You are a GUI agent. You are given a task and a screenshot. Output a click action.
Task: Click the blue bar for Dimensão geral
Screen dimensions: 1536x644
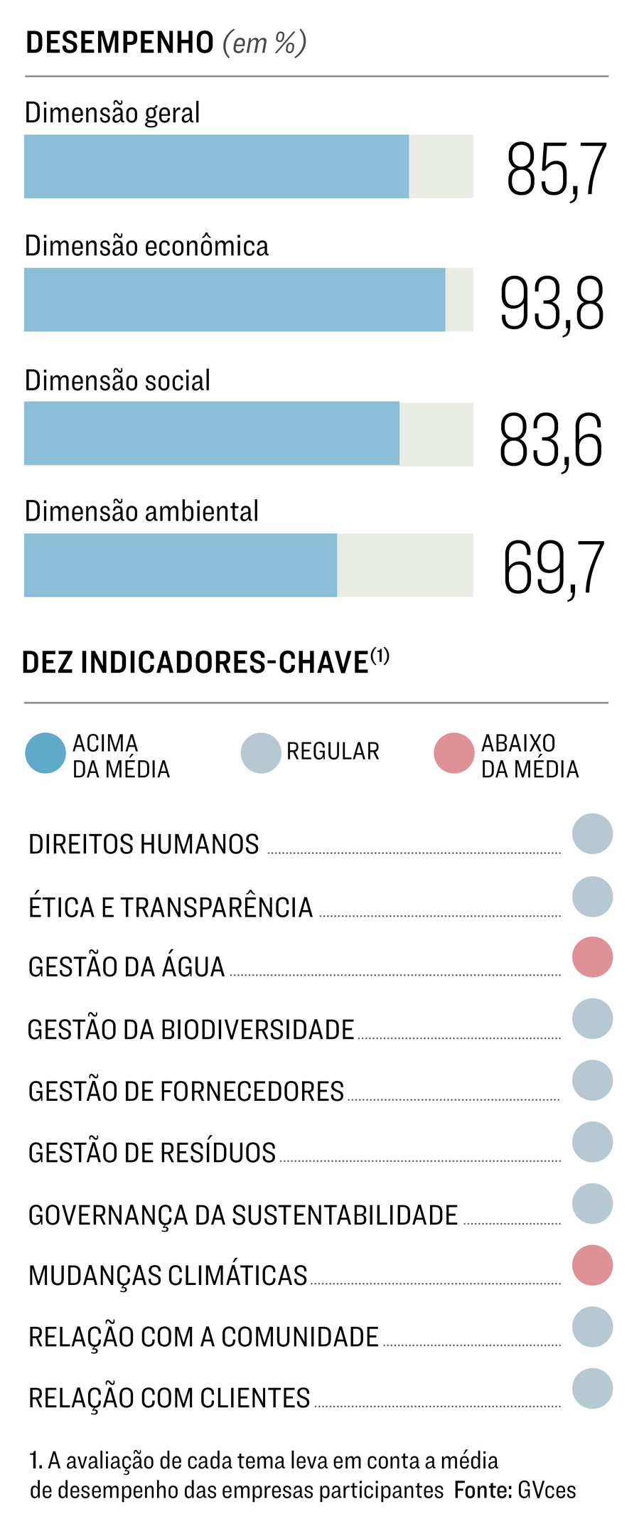(x=216, y=166)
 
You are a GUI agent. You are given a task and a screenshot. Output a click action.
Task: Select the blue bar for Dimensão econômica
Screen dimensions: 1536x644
(x=235, y=299)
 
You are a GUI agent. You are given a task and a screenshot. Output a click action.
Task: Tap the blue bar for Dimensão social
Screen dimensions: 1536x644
(x=212, y=433)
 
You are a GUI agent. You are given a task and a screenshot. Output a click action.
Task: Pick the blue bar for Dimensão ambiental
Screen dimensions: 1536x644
(x=181, y=565)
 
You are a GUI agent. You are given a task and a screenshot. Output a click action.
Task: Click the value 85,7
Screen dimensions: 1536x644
(x=556, y=169)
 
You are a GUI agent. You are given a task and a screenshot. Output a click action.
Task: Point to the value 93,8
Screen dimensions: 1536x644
(x=552, y=304)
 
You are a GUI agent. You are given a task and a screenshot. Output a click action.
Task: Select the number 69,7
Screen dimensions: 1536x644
(x=553, y=568)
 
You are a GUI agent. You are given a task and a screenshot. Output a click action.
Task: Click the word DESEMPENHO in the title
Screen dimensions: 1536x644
(x=119, y=43)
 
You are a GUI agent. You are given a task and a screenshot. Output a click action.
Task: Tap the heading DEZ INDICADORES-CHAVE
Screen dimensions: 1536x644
(x=195, y=663)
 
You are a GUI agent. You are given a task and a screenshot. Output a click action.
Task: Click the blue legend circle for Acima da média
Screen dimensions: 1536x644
(x=45, y=753)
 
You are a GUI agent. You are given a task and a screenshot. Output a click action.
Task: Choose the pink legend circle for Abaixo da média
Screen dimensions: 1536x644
(x=454, y=753)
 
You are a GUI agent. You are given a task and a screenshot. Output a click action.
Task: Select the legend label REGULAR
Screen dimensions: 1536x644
(x=333, y=752)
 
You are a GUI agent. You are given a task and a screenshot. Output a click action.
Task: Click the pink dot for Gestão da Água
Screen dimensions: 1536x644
(x=592, y=957)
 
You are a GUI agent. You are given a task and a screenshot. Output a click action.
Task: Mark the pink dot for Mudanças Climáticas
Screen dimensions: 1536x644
(x=592, y=1265)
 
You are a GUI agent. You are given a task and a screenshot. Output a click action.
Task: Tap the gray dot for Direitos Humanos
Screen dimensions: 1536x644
(x=592, y=833)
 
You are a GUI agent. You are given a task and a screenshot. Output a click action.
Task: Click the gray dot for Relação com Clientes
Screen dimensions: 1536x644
(x=592, y=1388)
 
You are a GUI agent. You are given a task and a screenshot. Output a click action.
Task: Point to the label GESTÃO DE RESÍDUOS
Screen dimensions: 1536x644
(x=152, y=1153)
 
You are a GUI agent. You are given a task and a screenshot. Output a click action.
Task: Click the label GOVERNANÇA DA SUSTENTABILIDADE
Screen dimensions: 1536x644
(x=243, y=1215)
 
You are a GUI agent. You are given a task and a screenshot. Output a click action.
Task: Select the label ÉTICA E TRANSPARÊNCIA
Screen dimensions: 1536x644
(x=171, y=907)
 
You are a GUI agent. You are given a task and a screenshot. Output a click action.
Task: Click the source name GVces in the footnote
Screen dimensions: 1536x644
(x=547, y=1490)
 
